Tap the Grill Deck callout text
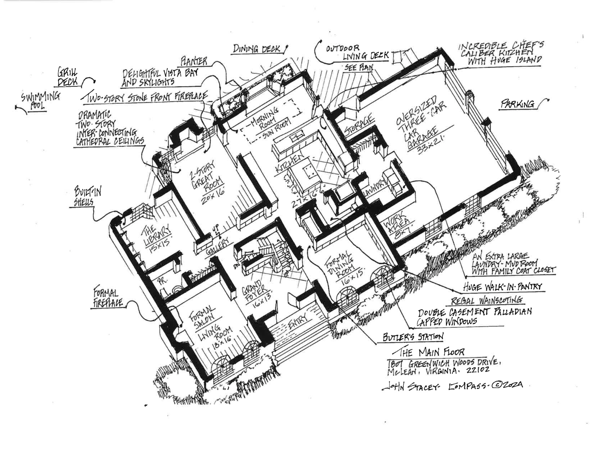68,77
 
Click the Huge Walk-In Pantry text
502,287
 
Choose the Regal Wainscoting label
487,299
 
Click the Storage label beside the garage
358,126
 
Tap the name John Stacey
410,387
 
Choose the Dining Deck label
256,49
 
